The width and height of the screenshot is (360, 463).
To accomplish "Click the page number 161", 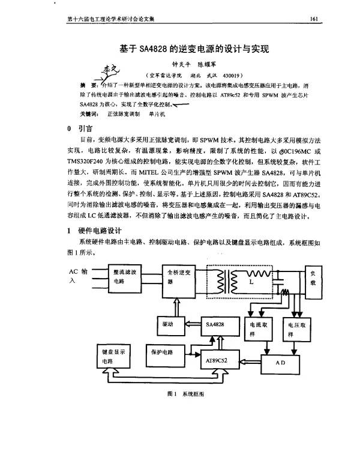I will coord(313,19).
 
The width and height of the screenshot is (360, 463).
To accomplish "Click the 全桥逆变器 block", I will coord(180,277).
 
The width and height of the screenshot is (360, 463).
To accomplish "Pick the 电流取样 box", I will coord(260,330).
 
